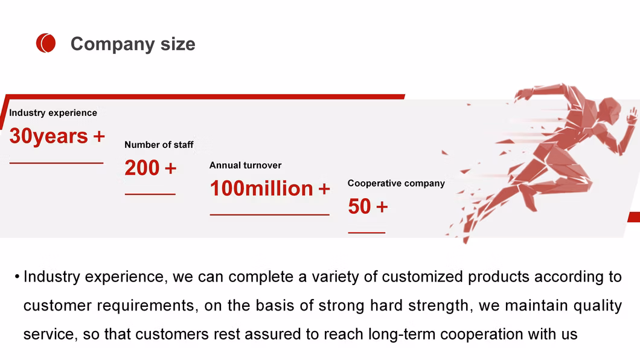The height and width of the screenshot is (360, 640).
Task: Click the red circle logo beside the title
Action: tap(46, 43)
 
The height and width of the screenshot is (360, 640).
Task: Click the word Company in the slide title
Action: tap(113, 44)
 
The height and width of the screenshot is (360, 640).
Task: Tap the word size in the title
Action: tap(178, 43)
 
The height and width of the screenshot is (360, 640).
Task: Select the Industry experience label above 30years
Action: tap(53, 113)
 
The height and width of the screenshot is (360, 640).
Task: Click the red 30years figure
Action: tap(48, 136)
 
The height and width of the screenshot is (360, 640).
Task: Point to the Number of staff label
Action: tap(159, 144)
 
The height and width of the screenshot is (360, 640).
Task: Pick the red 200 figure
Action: tap(142, 168)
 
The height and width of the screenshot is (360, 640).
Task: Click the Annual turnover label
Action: tap(245, 166)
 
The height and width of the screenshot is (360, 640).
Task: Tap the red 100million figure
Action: tap(261, 188)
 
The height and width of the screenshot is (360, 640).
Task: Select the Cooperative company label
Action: tap(396, 183)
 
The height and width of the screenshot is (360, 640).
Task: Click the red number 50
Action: tap(360, 206)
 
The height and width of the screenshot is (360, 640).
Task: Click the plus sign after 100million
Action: tap(324, 189)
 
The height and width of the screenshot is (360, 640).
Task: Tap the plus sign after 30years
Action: tap(99, 137)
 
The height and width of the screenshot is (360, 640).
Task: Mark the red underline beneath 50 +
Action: tap(366, 233)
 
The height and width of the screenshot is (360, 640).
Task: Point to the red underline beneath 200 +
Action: tap(150, 194)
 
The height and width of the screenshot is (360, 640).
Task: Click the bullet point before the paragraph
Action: tap(17, 277)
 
